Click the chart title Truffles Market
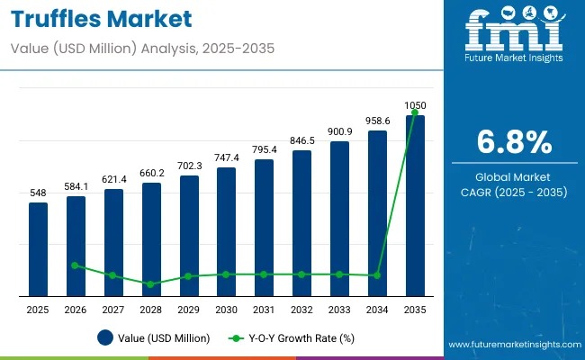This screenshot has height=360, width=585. point(102,20)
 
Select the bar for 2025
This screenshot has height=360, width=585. point(38,248)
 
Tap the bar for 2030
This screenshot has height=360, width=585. point(226,230)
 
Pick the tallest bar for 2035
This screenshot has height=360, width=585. point(414,205)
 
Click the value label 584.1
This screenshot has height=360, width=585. point(76,187)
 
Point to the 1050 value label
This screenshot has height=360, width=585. point(415,105)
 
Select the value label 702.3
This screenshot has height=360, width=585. point(188,166)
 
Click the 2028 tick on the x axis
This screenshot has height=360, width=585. point(150,310)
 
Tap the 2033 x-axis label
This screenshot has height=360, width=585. point(339,310)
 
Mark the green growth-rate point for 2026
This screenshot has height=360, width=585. point(76,265)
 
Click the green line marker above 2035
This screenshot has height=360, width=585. point(414,113)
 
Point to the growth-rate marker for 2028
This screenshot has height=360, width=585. point(150,284)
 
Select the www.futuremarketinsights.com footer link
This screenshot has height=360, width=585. point(513,345)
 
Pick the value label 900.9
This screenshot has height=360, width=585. point(339,132)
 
